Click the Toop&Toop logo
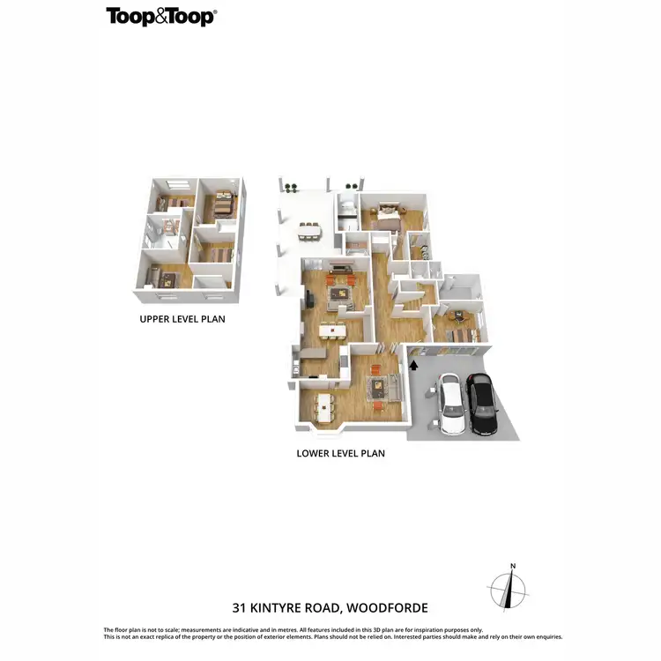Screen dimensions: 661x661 (161, 16)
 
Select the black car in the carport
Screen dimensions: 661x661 (481, 405)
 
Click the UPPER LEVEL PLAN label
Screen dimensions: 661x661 (182, 319)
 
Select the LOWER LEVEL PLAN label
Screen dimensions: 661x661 (341, 454)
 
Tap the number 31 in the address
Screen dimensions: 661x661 (240, 608)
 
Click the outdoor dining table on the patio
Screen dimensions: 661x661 (309, 230)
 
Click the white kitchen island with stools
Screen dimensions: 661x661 (333, 331)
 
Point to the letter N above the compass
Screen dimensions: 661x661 (512, 567)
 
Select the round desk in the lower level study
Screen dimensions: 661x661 (457, 315)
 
